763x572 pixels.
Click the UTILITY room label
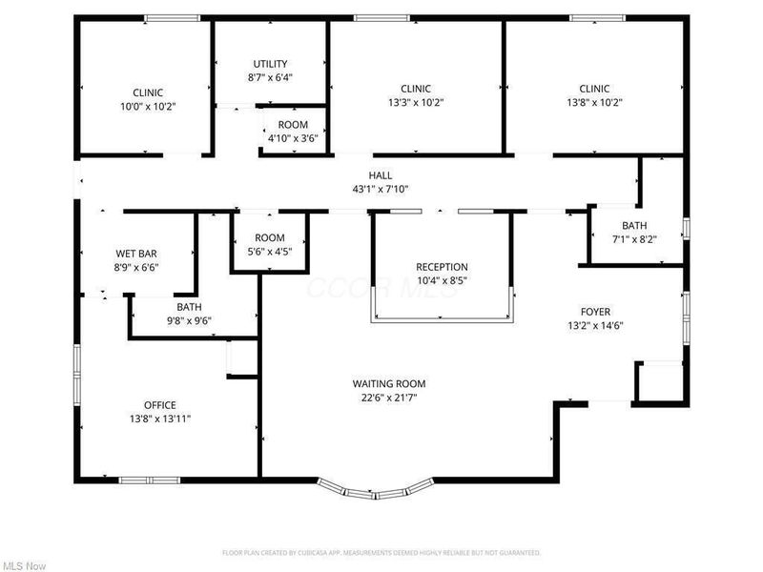coord(270,64)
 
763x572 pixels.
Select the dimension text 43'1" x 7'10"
coord(381,189)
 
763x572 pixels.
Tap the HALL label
coord(381,175)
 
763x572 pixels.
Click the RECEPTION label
coord(442,267)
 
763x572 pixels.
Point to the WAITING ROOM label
coord(380,384)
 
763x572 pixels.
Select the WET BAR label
coord(136,254)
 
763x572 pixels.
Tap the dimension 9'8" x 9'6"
coord(188,321)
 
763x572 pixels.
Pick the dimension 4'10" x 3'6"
coord(293,139)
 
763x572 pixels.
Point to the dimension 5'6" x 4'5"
coord(270,252)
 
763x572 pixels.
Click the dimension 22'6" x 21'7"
coord(380,398)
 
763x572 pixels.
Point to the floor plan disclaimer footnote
coord(381,552)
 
